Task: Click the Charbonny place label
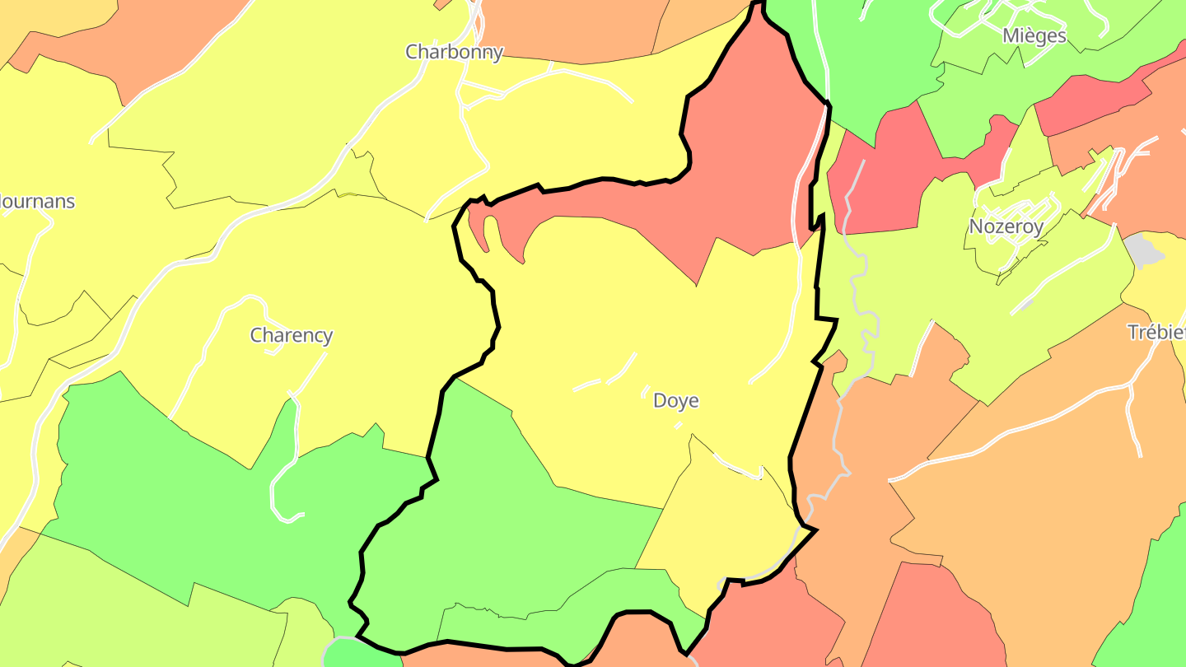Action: (454, 52)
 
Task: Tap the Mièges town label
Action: (1034, 35)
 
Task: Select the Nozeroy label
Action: (1006, 226)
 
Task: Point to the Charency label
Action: (292, 335)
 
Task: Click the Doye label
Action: (675, 401)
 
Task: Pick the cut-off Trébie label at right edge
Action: (1156, 332)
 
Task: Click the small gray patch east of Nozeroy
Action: (1143, 249)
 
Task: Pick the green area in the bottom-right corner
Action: (1153, 601)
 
